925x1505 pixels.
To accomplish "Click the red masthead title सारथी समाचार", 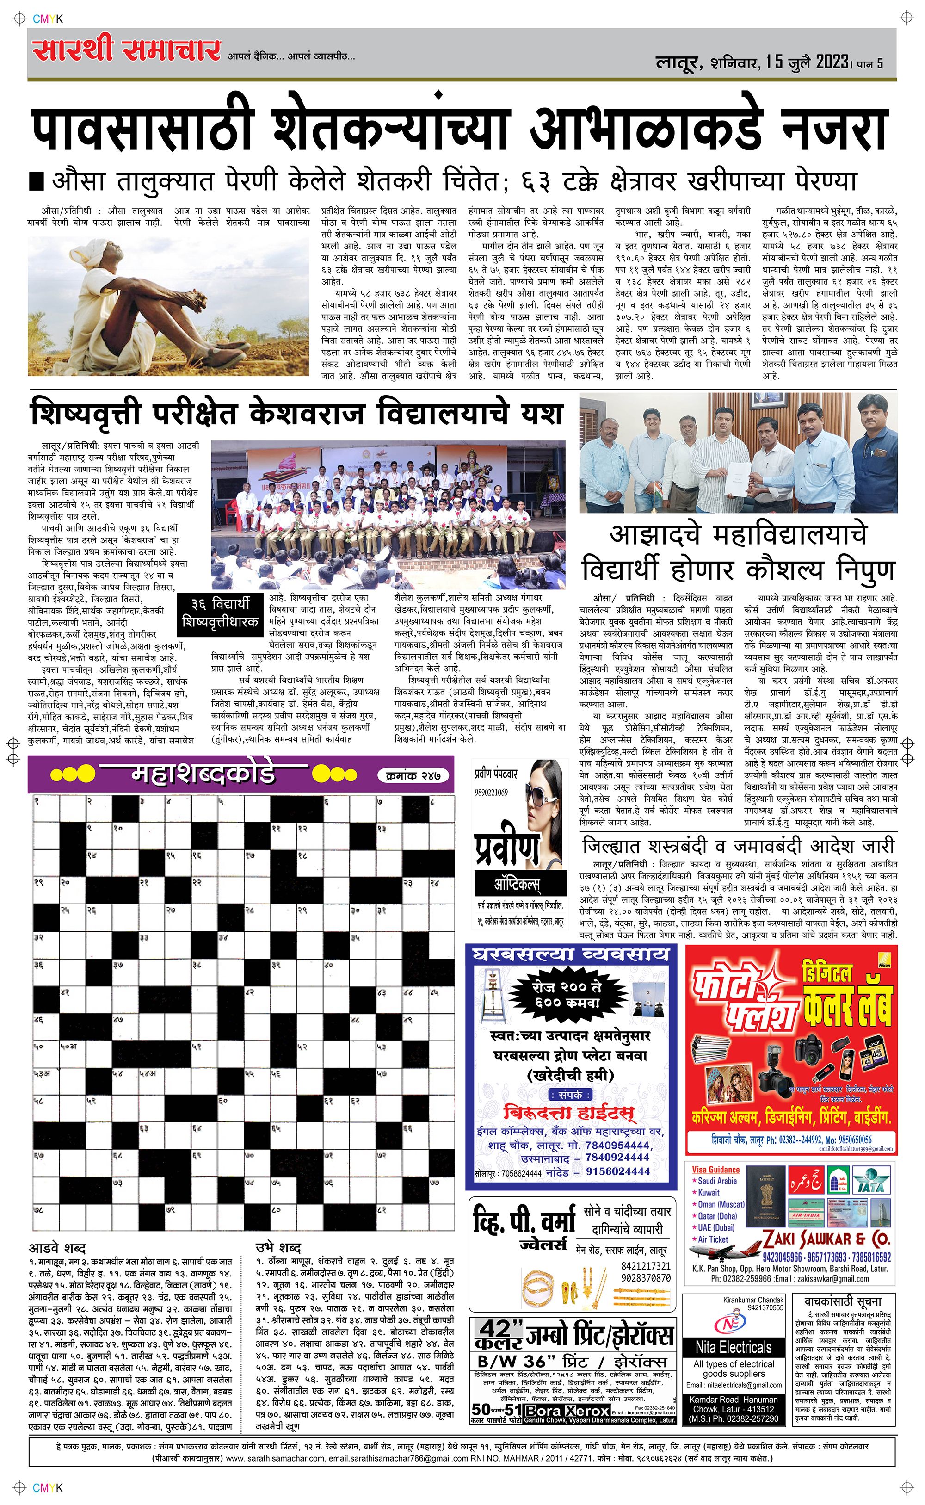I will [127, 50].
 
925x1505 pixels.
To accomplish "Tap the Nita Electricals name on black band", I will [734, 1347].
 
